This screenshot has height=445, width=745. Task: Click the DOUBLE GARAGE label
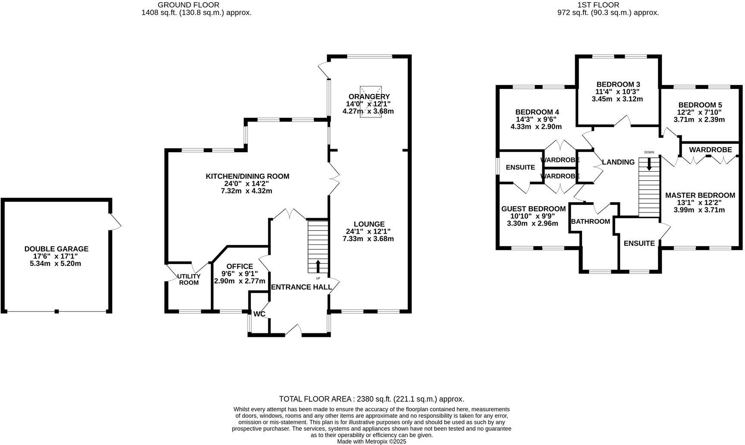(56, 249)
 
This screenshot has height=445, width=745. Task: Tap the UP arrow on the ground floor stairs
(318, 266)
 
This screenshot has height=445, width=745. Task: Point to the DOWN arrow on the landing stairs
(649, 164)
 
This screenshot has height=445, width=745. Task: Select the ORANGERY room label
(369, 97)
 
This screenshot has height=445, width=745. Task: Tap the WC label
(259, 314)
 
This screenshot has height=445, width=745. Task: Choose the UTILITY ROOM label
(189, 279)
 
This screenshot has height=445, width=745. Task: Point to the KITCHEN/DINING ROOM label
(247, 176)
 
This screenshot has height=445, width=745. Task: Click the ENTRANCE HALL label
(301, 287)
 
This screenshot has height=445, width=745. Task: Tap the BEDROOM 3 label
(618, 85)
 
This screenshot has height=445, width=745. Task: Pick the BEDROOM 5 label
(700, 105)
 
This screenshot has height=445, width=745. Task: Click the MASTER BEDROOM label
(700, 195)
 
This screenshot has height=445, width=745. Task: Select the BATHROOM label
(590, 222)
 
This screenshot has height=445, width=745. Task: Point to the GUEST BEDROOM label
(533, 209)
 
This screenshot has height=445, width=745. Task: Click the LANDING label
(618, 162)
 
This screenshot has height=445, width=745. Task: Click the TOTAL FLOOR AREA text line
(371, 399)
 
